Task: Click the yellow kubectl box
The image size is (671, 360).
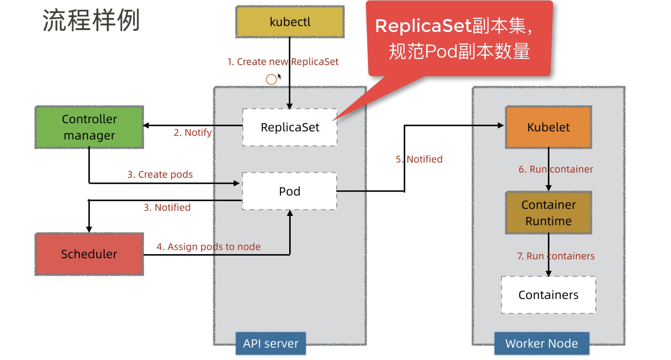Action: (x=290, y=22)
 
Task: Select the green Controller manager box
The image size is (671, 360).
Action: (x=89, y=127)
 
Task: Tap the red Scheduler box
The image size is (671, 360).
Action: (x=89, y=254)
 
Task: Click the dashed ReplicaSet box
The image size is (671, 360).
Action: (x=290, y=127)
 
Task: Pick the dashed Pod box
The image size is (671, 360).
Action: (x=290, y=191)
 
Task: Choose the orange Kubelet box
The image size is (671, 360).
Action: (x=548, y=127)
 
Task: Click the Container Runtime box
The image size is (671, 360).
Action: (x=548, y=213)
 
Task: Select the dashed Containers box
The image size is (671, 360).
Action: (x=548, y=295)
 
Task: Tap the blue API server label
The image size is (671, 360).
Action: (x=271, y=343)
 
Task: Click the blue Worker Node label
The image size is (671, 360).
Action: (x=541, y=343)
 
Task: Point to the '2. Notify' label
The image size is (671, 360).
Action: (x=192, y=132)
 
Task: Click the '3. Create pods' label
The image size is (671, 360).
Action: (x=160, y=174)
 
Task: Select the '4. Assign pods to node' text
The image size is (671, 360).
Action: (x=208, y=246)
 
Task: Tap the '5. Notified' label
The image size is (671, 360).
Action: (x=419, y=159)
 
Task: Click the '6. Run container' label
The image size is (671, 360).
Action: (x=556, y=169)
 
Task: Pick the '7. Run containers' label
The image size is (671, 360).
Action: (x=556, y=256)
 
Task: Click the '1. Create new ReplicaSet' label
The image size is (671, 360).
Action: (x=283, y=62)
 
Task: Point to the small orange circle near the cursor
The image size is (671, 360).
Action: (x=271, y=80)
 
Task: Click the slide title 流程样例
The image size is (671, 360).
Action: (x=91, y=20)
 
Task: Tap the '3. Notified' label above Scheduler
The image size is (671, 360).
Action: (x=167, y=207)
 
